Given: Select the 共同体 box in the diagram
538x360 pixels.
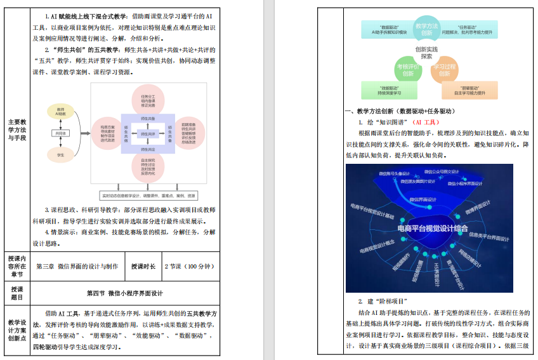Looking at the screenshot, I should pos(61,133).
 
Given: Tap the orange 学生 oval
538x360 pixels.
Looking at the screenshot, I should pos(61,154).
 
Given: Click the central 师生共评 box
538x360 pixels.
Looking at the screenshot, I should pos(148,134).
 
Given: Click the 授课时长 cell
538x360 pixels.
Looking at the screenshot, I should pos(143,267).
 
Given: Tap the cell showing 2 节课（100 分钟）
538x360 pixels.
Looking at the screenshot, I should pos(190,267).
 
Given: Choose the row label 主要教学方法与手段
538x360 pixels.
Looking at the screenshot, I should pos(17,130).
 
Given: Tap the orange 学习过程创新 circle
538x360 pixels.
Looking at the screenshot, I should pos(445,70).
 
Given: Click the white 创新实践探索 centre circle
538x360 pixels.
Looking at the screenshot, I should pos(426,52).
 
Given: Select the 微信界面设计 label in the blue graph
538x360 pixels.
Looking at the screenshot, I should pos(423,199).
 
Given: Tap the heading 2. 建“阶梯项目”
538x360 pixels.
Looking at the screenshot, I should pos(382,300).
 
